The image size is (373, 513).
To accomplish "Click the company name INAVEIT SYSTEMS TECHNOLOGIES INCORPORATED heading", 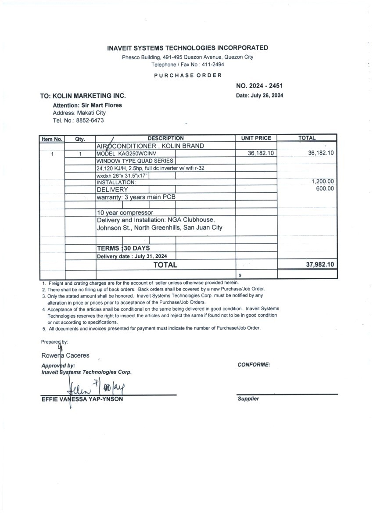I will click(187, 48).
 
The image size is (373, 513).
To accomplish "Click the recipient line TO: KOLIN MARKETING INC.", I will click(83, 96).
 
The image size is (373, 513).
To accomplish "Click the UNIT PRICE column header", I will click(256, 138).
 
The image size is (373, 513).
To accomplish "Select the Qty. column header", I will click(80, 139).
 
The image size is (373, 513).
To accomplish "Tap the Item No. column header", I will click(52, 139).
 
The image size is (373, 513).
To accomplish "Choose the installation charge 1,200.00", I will click(322, 181).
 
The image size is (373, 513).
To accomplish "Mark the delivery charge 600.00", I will click(325, 189).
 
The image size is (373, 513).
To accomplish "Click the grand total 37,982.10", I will click(319, 265).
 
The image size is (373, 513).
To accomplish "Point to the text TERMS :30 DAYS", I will click(123, 248).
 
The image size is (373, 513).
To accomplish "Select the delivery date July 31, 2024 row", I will click(132, 256).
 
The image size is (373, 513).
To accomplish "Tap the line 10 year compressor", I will click(125, 213).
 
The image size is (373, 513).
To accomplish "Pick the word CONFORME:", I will click(254, 365).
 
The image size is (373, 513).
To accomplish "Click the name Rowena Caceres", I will click(65, 355).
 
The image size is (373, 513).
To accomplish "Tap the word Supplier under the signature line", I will click(248, 399).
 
